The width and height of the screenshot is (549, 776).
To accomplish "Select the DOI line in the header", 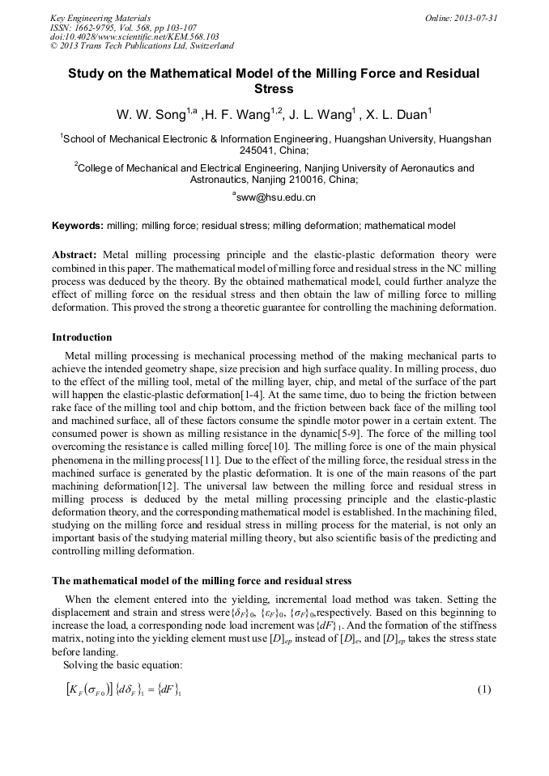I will tap(134, 37).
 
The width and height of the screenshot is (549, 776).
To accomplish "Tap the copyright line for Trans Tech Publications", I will tap(142, 47).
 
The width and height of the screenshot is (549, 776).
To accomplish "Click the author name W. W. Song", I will tap(152, 115).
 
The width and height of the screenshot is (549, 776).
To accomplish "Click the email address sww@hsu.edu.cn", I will tap(275, 197).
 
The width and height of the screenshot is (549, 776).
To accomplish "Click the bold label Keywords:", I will tap(78, 225).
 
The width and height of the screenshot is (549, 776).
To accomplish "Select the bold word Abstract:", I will tap(74, 253).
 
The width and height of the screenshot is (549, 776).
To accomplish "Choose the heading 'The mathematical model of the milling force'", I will tap(202, 580).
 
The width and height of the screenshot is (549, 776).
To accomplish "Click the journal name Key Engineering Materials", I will tap(100, 18).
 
